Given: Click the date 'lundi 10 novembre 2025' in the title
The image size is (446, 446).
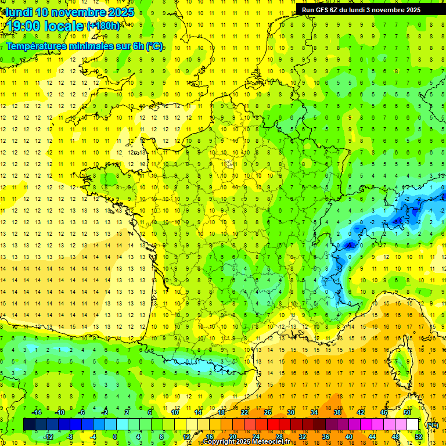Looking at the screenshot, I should [x=69, y=12].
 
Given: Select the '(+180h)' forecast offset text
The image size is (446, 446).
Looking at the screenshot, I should [x=104, y=26].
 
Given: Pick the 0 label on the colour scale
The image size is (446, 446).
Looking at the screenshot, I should [x=115, y=437].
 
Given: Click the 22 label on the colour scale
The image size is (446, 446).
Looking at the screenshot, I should [x=244, y=412].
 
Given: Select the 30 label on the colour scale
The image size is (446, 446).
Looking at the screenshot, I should [x=291, y=412].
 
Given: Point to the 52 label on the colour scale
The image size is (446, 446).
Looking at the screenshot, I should [x=419, y=437].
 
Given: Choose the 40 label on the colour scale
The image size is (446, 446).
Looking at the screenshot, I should [x=349, y=437].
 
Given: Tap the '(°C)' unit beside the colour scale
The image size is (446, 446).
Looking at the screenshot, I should [x=432, y=425].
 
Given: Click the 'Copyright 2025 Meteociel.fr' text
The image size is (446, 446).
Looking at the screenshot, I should [x=247, y=442].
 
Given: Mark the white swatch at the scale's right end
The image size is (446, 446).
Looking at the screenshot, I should [x=413, y=425].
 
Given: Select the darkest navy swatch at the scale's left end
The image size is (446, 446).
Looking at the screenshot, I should [x=29, y=425].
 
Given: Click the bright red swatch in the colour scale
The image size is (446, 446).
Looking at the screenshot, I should [x=273, y=425].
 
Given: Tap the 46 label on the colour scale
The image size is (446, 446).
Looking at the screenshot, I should [x=384, y=412].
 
